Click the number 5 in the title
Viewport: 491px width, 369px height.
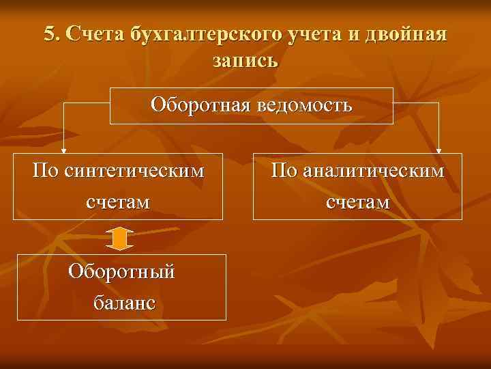(x=49, y=34)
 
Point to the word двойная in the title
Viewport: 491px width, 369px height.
(x=411, y=35)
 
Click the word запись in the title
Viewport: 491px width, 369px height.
(x=245, y=60)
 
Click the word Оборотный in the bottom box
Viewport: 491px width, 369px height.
(x=121, y=271)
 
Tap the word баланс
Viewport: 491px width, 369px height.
(x=121, y=303)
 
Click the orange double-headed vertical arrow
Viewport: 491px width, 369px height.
(x=120, y=237)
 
